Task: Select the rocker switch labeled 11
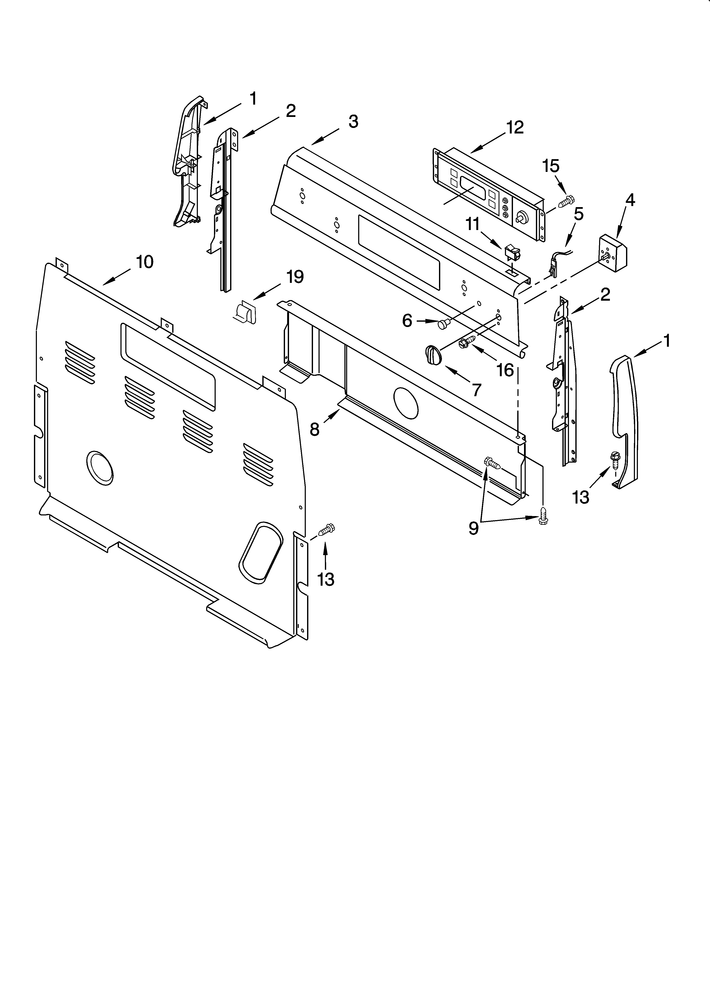(512, 254)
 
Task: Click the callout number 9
(474, 528)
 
